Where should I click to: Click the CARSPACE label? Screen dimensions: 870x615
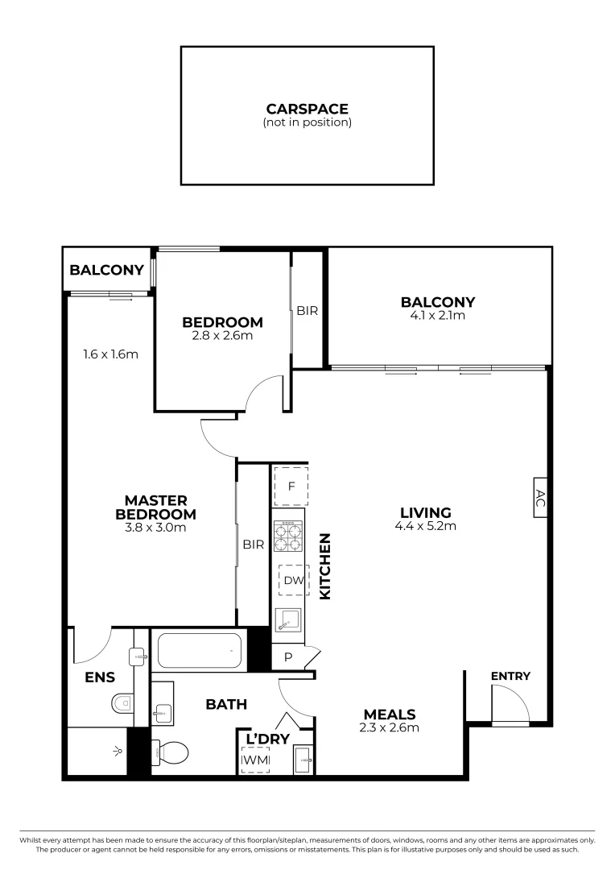(x=307, y=109)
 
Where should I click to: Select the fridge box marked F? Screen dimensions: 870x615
(x=291, y=486)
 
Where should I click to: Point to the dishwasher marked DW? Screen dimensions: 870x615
(x=293, y=580)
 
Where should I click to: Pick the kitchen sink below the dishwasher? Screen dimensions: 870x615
(x=288, y=619)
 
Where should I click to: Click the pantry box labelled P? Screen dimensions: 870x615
(x=288, y=657)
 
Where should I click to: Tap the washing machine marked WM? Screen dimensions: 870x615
(x=255, y=760)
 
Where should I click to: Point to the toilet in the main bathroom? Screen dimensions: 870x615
(x=171, y=753)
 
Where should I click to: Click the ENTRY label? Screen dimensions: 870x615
(x=510, y=677)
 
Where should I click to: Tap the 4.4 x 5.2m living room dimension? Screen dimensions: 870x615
(x=426, y=527)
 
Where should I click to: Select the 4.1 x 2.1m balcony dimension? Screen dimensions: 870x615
(x=438, y=316)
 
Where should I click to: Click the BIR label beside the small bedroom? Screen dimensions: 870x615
(x=307, y=310)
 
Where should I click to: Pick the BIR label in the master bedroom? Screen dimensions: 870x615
(x=254, y=545)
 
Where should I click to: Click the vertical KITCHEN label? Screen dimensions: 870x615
(x=326, y=565)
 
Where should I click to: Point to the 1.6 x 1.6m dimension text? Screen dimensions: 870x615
(x=110, y=354)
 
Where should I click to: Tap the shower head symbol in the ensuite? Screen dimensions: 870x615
(x=118, y=750)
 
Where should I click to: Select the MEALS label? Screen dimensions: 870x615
(x=390, y=715)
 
